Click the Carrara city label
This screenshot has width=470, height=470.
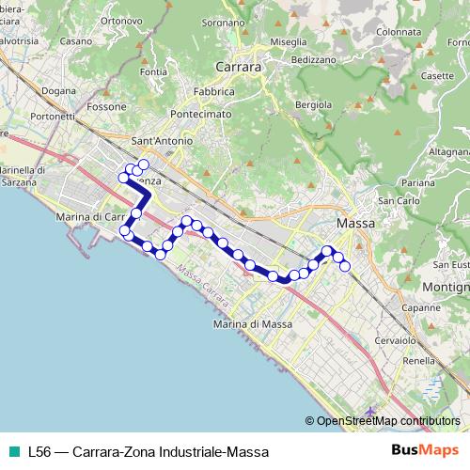point(238,68)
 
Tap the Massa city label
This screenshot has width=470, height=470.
point(355,224)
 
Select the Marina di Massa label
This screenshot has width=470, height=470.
point(253,324)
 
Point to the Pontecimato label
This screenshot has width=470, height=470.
point(200,114)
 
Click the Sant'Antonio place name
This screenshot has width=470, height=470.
point(162,141)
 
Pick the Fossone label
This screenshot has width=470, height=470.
point(106,107)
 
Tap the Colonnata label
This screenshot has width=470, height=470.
point(396,30)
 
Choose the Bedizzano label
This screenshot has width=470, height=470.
point(314,59)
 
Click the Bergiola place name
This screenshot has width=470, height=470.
point(314,104)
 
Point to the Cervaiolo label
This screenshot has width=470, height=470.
point(395,340)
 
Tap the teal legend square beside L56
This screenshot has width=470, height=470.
point(11,451)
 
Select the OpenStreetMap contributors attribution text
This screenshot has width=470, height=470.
point(387,421)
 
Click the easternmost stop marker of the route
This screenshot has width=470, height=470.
point(345,266)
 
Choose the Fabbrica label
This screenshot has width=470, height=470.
point(214,92)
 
